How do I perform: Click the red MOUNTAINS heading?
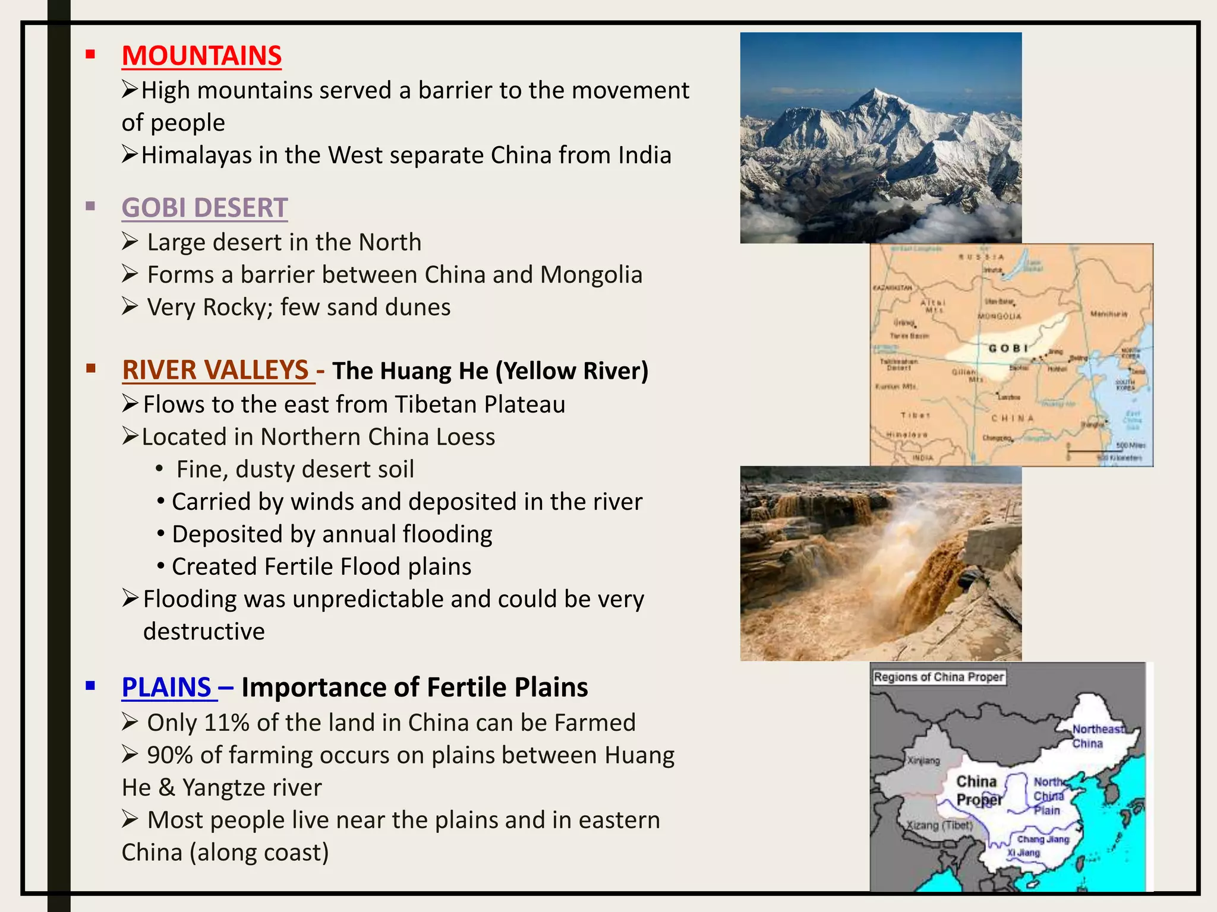point(201,56)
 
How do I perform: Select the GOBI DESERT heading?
point(204,208)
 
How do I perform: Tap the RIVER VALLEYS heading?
point(215,370)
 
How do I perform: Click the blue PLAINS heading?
point(166,688)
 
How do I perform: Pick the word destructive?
point(204,631)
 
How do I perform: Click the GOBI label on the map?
point(1008,348)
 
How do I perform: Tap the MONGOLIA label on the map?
point(1000,316)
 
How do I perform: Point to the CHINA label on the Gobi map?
point(1013,418)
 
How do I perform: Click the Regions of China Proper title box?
point(939,677)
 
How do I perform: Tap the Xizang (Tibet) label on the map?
point(939,825)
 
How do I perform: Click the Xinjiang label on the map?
point(923,761)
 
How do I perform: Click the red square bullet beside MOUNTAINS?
point(90,55)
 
